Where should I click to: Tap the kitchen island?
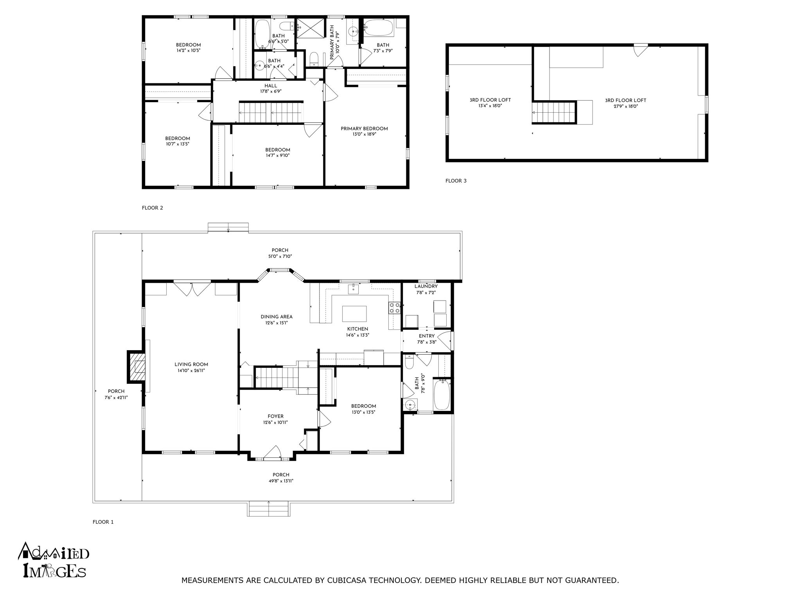(354, 313)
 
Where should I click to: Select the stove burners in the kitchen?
(394, 308)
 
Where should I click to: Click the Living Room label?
(191, 365)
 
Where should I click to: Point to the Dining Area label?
(277, 317)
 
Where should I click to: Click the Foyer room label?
(276, 416)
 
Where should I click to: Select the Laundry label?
(426, 286)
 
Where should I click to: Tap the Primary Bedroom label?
(364, 129)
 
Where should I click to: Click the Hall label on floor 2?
(271, 86)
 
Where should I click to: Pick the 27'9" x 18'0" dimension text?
(625, 106)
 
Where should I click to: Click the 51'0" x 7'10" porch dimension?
(280, 256)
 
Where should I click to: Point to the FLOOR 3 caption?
(456, 181)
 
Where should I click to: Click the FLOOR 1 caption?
(103, 522)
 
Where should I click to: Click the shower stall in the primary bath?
(311, 28)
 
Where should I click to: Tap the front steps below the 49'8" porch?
(268, 509)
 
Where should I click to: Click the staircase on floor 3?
(554, 112)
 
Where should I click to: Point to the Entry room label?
(427, 336)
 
